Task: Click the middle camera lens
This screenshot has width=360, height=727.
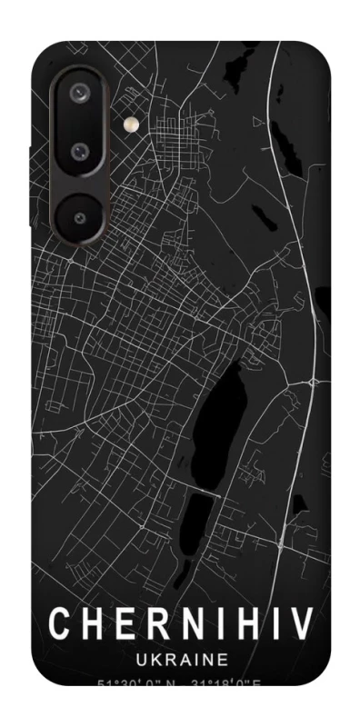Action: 80,151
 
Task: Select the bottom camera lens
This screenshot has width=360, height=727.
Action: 80,217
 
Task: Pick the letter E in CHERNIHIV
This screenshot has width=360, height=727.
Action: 123,624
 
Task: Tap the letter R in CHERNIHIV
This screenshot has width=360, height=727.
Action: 154,624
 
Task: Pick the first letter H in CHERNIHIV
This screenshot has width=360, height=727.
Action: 91,624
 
